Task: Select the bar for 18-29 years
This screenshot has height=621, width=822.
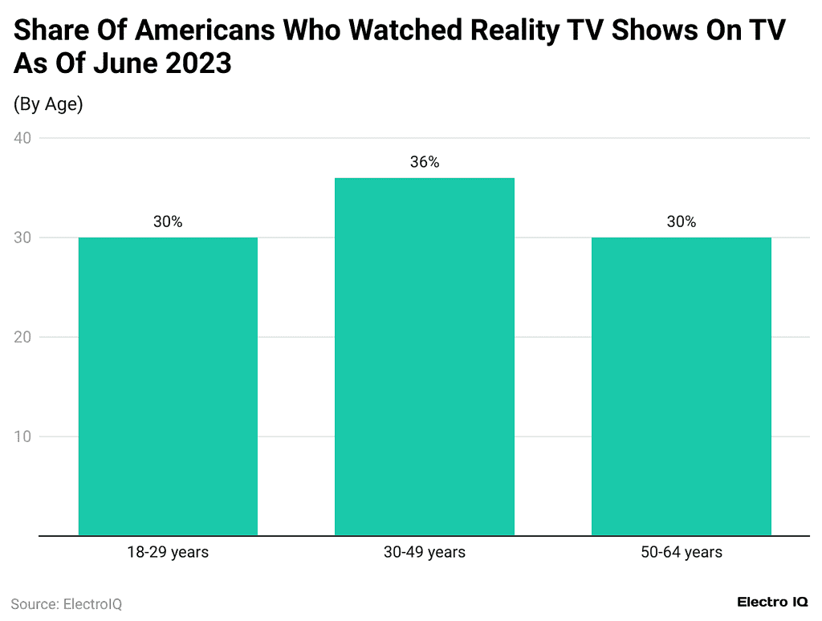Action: [x=168, y=386]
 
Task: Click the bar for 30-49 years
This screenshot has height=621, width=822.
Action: [x=425, y=356]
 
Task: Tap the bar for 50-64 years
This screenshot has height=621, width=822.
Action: [x=682, y=386]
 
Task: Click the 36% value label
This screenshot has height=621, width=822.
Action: [x=425, y=162]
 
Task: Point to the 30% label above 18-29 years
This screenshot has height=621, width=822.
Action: [x=168, y=222]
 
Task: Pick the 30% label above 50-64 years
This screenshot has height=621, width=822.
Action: [x=682, y=222]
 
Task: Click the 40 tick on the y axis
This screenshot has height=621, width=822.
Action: [x=22, y=138]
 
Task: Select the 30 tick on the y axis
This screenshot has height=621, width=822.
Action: [x=22, y=237]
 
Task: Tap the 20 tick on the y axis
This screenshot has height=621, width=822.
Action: [x=22, y=337]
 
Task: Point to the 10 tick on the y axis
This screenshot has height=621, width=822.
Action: [x=22, y=436]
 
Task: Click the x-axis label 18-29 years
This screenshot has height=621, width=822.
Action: [x=168, y=552]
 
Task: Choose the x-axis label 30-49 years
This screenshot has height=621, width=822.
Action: [x=425, y=552]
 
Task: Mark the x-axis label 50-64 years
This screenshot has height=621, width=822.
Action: [x=682, y=552]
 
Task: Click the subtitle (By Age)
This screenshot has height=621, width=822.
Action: [x=48, y=104]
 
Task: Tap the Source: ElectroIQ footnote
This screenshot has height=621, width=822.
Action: [x=67, y=604]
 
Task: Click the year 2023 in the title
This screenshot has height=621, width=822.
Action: [x=198, y=63]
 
